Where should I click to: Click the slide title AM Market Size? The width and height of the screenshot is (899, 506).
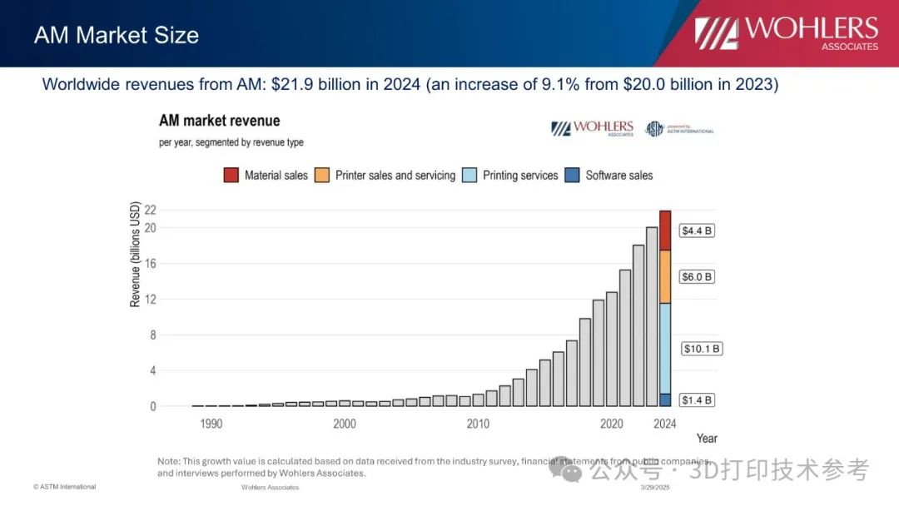point(117,35)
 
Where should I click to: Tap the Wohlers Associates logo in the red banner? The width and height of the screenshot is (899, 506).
point(787,32)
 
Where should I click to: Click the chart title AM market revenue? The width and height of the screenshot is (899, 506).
point(220,122)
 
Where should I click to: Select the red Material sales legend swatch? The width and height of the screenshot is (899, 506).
point(231,175)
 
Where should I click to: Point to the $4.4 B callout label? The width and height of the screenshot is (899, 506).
point(697,231)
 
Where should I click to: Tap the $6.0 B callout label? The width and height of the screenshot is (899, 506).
point(697,276)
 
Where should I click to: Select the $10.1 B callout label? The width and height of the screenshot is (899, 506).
point(702,349)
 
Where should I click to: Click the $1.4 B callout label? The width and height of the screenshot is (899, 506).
point(697,400)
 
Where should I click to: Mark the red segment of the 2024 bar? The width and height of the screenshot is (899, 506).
point(665,231)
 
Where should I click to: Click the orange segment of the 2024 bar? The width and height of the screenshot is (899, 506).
point(665,276)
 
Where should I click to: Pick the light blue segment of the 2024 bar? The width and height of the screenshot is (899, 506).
point(665,348)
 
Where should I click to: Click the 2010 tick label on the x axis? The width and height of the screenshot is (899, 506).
point(478,424)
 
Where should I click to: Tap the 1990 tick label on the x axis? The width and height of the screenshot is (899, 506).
point(211,424)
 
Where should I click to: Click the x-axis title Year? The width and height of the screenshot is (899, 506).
point(707,438)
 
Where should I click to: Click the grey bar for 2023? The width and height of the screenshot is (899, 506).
point(652,316)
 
